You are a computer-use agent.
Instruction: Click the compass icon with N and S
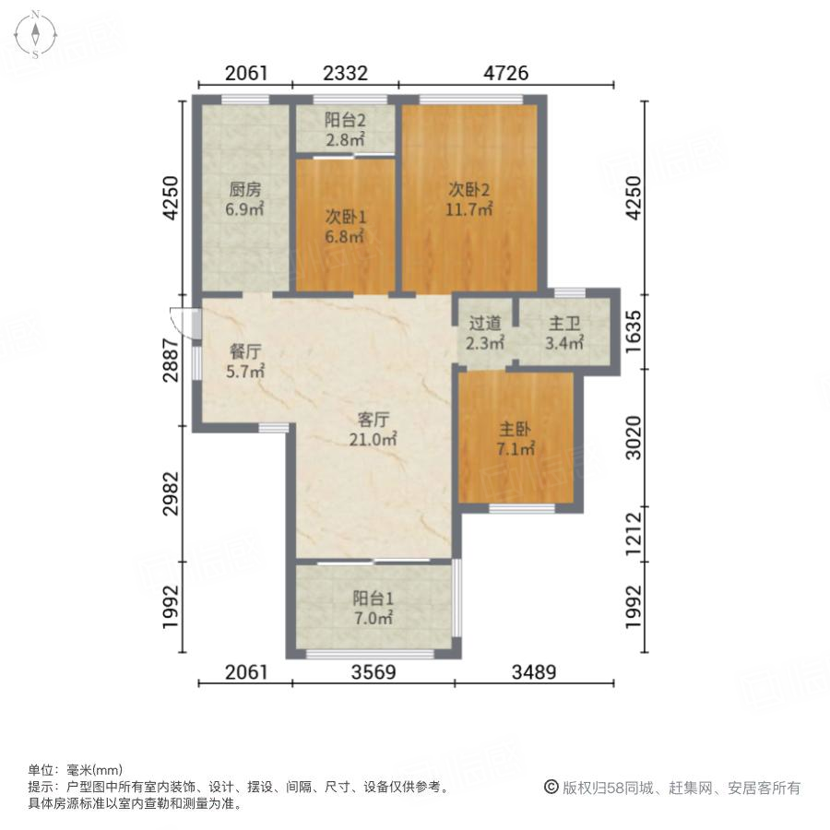point(35,34)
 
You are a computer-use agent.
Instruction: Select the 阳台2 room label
point(345,121)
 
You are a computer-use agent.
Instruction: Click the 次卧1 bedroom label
point(345,217)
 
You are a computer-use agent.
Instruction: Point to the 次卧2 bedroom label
point(469,190)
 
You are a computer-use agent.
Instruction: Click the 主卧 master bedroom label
point(516,430)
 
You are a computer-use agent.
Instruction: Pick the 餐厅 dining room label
point(245,351)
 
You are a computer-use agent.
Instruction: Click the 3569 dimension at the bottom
point(373,672)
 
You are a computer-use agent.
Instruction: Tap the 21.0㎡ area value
point(373,440)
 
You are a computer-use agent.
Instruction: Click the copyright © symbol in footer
point(551,788)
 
